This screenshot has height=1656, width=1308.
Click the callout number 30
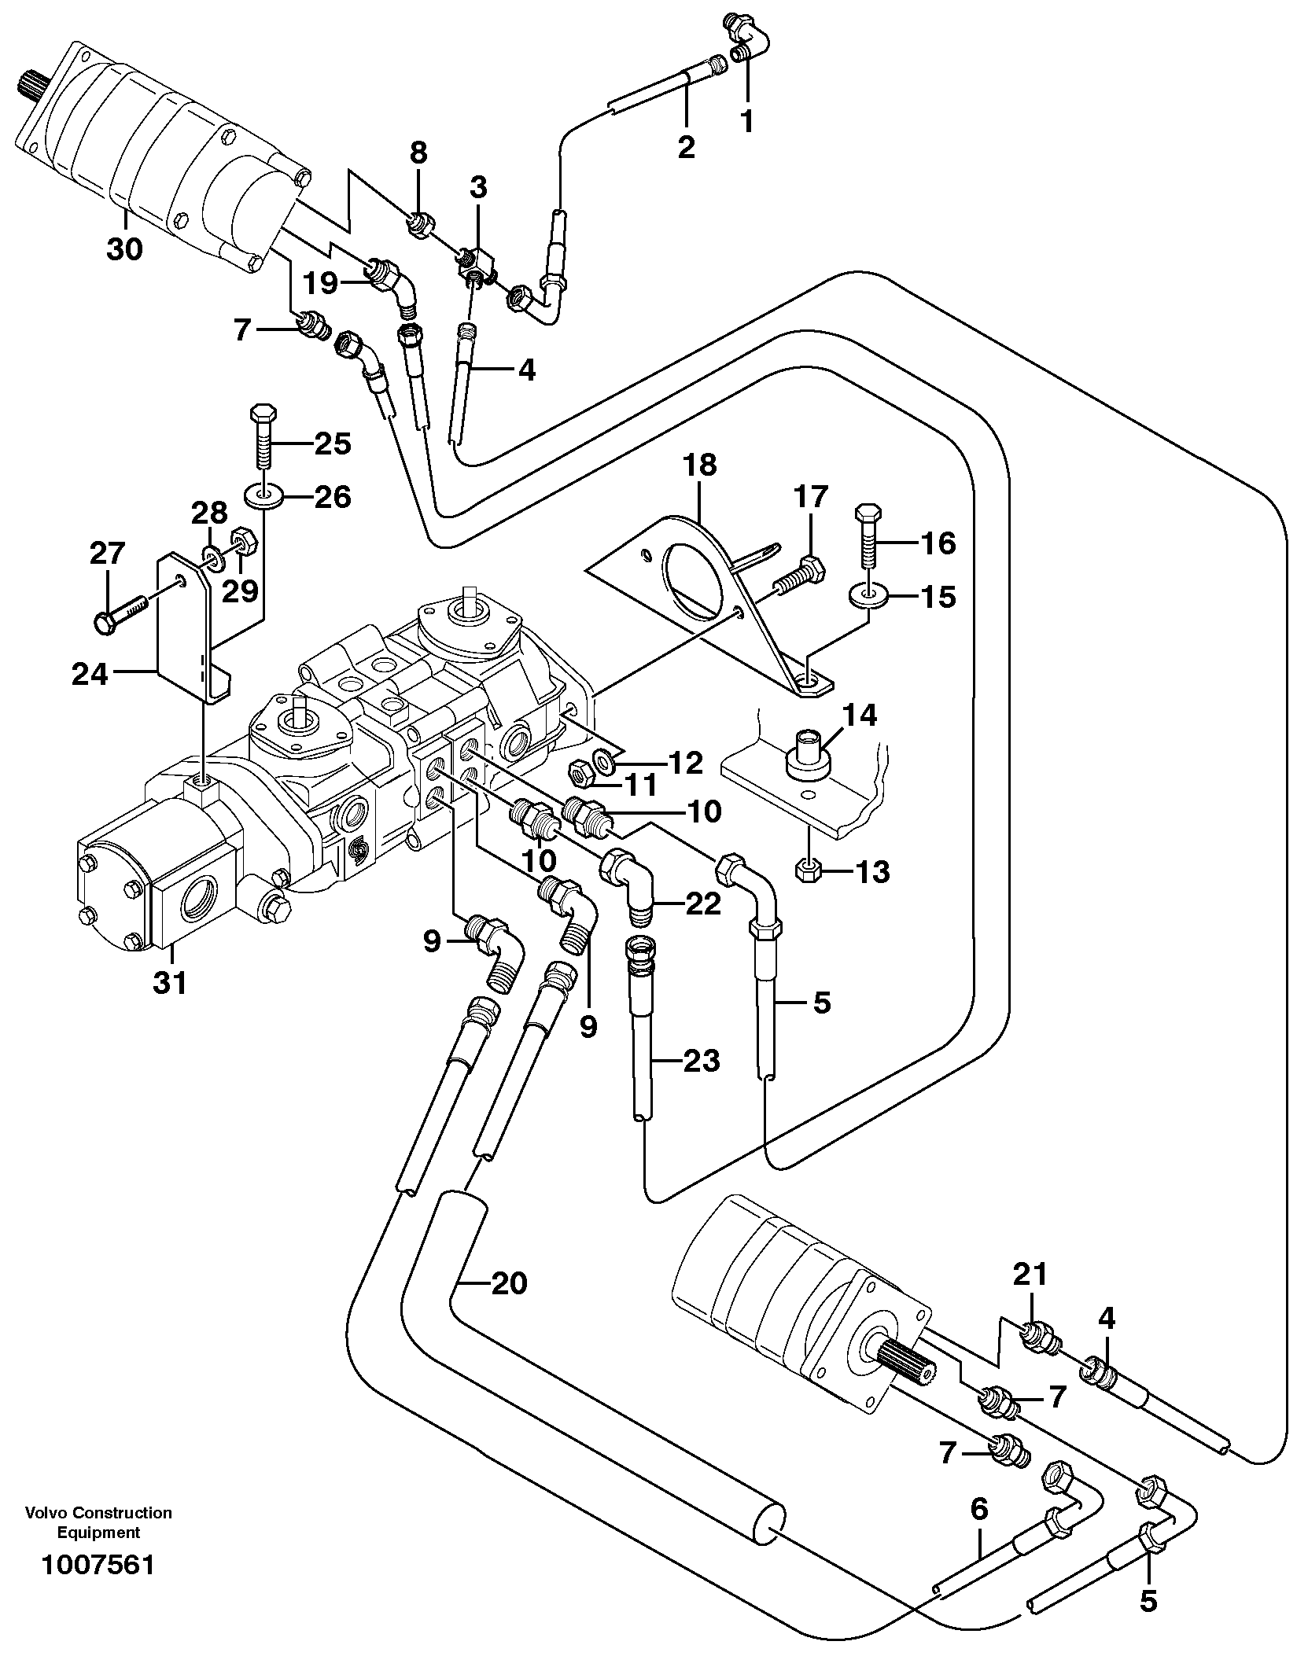pos(124,250)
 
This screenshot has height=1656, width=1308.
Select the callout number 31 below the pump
pos(170,982)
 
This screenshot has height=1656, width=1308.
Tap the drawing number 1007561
pos(98,1565)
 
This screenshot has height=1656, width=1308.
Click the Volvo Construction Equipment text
pos(98,1522)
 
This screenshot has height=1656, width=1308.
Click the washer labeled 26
pos(260,498)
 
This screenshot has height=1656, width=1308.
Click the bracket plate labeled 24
pos(182,629)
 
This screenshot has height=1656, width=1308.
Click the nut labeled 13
pos(809,870)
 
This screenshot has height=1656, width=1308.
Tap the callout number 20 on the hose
pos(508,1283)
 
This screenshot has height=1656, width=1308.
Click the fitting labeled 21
pos(1038,1335)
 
